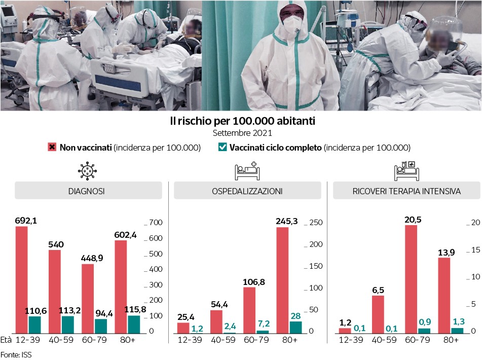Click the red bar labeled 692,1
(x=22, y=279)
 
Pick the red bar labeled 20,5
(x=411, y=279)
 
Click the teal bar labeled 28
(x=295, y=327)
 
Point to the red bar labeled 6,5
(x=378, y=314)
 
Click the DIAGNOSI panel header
(x=87, y=191)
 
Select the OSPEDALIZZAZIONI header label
(x=247, y=191)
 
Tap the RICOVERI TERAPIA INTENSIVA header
(x=406, y=191)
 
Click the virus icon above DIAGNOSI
(x=87, y=171)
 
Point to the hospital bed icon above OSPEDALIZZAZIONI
(x=246, y=171)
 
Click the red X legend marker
(x=52, y=148)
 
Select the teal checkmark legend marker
(x=222, y=148)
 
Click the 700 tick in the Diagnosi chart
(x=155, y=223)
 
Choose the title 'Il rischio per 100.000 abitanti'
(x=242, y=122)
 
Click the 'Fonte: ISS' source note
(x=16, y=354)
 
